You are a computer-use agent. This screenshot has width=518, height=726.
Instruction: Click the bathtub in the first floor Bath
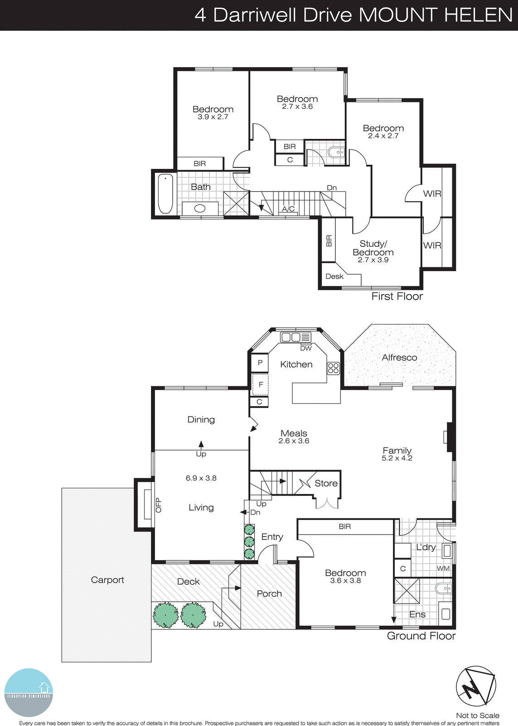pos(165,194)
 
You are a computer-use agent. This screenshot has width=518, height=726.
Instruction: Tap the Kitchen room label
pos(296,364)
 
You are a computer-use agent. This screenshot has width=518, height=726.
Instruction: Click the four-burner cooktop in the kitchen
pos(333,368)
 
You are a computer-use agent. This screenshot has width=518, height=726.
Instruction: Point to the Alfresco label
pos(399,358)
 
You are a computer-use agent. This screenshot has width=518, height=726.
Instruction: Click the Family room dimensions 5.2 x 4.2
pos(397,458)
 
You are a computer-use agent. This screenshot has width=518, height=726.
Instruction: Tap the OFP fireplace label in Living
pos(158,505)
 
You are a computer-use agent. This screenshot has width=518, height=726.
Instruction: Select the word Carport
pos(107,580)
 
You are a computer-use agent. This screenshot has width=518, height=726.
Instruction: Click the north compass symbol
pos(475,687)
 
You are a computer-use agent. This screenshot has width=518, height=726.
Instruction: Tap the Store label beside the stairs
pos(326,484)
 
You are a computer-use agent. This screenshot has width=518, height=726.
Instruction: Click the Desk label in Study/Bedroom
pos(334,276)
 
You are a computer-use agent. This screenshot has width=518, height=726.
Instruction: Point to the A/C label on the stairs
pos(288,209)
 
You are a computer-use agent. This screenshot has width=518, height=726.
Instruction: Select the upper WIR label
pos(432,194)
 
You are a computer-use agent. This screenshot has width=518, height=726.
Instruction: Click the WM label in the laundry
pos(443,568)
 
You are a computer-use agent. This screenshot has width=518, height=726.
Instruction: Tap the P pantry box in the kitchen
pos(260,363)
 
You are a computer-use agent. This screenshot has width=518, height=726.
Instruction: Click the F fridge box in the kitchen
pos(261,384)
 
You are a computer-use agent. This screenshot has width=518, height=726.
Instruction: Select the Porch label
pos(269,594)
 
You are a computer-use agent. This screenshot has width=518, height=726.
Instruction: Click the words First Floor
pos(397,296)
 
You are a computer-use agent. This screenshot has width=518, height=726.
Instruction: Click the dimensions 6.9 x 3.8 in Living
pos(201,478)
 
